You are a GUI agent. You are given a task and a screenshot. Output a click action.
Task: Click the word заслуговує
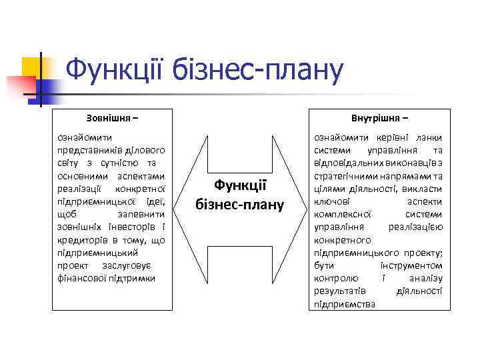(143, 265)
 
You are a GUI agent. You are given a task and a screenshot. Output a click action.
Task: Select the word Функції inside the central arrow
(240, 187)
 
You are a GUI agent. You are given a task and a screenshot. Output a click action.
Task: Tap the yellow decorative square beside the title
(31, 69)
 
